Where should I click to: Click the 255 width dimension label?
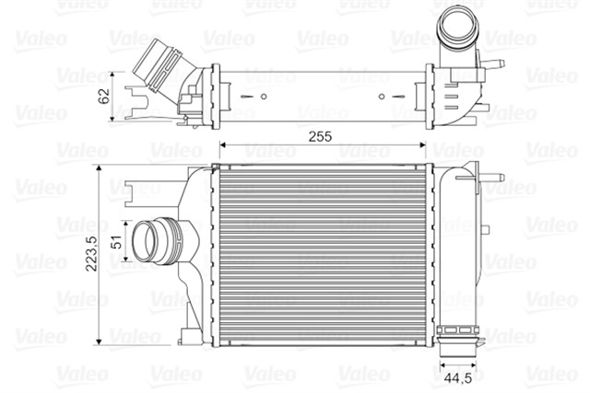(x=320, y=135)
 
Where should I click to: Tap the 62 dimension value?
(x=104, y=95)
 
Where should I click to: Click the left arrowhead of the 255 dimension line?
(x=222, y=146)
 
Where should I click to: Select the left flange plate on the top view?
(x=215, y=92)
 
